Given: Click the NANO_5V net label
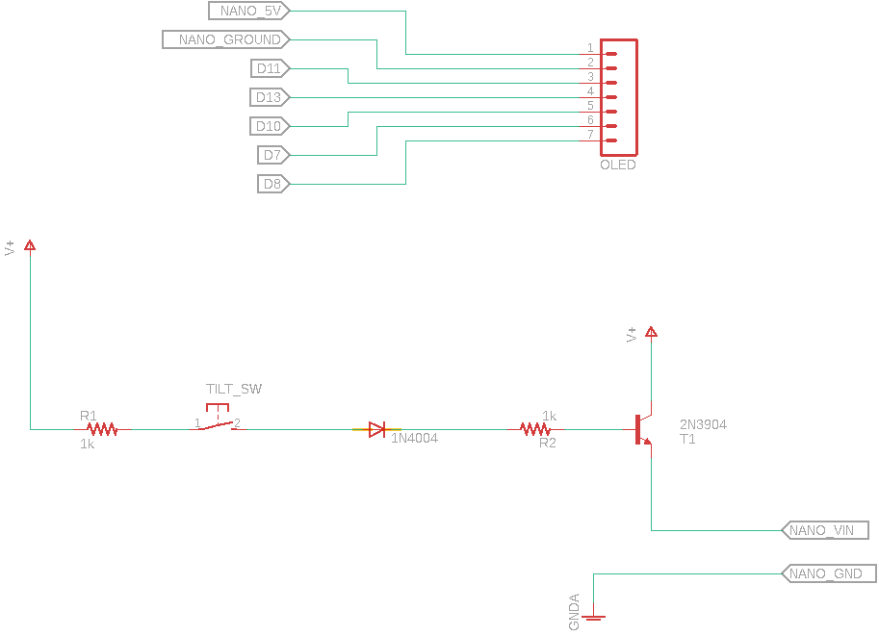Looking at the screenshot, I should click(248, 11).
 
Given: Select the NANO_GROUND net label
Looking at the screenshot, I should click(227, 39).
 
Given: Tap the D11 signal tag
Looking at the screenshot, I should click(270, 68).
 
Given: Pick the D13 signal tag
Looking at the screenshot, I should click(270, 97).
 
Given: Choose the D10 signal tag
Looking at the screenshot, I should click(270, 126).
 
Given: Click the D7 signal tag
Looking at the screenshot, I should click(273, 155).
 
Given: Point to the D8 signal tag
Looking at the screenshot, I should click(273, 184).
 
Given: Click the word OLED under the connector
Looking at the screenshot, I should click(618, 165).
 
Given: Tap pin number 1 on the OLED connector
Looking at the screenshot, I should click(590, 48).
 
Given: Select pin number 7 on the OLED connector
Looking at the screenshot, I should click(590, 135).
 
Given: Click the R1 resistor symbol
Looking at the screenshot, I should click(102, 429).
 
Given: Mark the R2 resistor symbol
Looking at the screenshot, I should click(535, 429).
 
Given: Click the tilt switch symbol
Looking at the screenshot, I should click(218, 424).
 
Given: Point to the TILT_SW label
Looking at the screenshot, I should click(234, 389).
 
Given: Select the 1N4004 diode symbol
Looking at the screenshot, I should click(377, 429).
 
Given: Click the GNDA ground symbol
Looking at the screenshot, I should click(594, 617).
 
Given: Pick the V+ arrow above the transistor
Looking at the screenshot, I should click(652, 333).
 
